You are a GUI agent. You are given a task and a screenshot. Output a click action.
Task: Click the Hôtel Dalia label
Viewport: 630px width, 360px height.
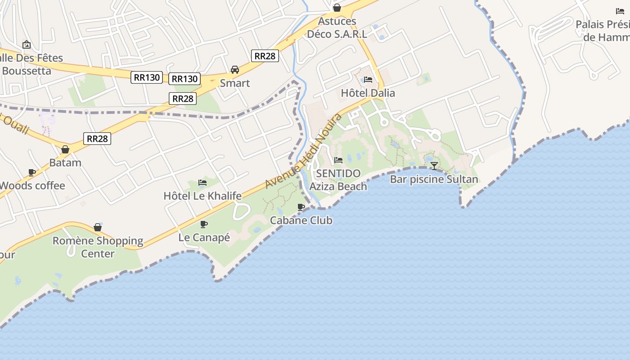[x=368, y=93]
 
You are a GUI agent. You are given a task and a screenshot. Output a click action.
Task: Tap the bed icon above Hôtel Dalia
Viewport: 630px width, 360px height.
[x=368, y=80]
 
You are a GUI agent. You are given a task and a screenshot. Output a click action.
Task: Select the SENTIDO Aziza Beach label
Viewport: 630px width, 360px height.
[x=338, y=180]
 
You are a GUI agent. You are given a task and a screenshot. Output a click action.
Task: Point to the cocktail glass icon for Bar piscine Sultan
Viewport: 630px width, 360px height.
[x=434, y=166]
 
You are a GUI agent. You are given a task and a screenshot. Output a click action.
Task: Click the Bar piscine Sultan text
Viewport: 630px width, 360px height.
[x=434, y=180]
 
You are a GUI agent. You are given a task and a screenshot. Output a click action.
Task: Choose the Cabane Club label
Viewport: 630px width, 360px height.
[x=301, y=220]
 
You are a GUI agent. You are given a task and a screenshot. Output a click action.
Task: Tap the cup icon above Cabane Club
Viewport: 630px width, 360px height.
[x=301, y=207]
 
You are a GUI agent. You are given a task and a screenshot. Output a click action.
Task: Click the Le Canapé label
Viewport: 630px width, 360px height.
[x=204, y=237]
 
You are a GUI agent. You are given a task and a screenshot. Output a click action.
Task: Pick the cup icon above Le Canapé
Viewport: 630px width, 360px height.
[x=204, y=224]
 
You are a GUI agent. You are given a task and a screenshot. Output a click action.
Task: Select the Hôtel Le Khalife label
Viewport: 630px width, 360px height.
[x=202, y=196]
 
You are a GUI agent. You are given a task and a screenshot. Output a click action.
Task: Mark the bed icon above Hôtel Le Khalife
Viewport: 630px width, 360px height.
[x=202, y=183]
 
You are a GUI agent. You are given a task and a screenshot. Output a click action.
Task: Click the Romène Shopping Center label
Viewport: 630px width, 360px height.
[x=98, y=247]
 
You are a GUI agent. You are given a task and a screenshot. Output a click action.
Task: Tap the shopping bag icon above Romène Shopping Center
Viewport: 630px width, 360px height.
[x=98, y=227]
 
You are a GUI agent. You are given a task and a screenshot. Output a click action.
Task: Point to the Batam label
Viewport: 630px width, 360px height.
[x=65, y=162]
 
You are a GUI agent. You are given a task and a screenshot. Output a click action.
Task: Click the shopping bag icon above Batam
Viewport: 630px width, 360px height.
[x=65, y=149]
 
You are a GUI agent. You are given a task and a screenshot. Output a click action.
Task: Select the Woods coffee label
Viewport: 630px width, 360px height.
[x=32, y=185]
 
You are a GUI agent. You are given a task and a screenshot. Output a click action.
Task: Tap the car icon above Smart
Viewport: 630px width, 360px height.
[x=235, y=70]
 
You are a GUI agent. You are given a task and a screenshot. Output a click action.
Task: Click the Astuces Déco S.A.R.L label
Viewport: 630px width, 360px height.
[x=337, y=27]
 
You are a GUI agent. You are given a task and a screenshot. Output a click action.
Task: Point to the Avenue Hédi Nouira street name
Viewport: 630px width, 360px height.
[x=304, y=151]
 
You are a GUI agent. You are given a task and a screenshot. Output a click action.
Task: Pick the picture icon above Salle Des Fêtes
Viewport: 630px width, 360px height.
[x=27, y=45]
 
